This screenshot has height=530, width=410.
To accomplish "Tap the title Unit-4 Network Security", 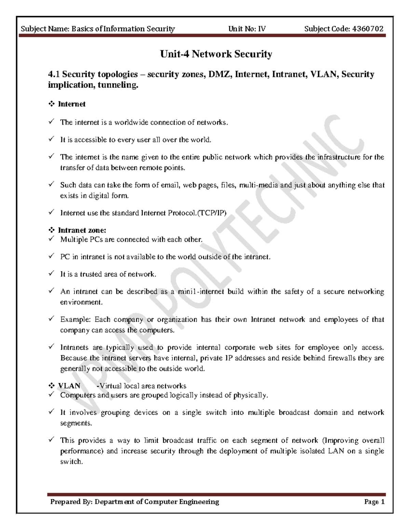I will pyautogui.click(x=216, y=54).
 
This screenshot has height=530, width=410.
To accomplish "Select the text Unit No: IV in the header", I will pyautogui.click(x=247, y=29).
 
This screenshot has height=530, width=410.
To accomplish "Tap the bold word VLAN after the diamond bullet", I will pyautogui.click(x=69, y=386).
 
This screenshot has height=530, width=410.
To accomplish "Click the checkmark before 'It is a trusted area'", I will pyautogui.click(x=51, y=273).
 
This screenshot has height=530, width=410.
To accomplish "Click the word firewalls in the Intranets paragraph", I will pyautogui.click(x=341, y=358).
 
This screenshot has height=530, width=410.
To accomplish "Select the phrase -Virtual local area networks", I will pyautogui.click(x=141, y=386).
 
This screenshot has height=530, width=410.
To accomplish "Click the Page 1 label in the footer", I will pyautogui.click(x=374, y=502).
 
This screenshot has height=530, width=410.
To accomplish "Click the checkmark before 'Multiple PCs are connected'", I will pyautogui.click(x=51, y=239).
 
